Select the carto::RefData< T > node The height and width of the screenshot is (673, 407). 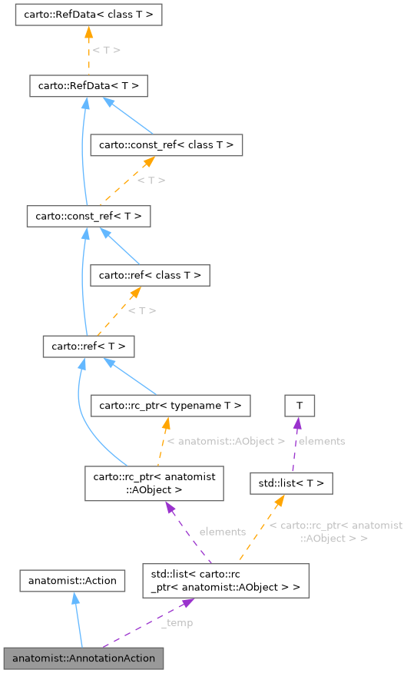point(88,86)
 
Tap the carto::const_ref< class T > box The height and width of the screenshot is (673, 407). point(167,144)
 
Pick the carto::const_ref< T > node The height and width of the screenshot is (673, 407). point(88,217)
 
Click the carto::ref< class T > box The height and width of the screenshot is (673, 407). point(150,274)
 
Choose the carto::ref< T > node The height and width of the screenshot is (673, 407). point(88,346)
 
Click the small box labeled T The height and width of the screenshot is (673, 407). point(299,405)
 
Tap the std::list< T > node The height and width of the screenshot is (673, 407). point(291,483)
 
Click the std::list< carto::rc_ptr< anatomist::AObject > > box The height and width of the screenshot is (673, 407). point(226,581)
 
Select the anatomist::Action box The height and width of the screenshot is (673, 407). point(72,581)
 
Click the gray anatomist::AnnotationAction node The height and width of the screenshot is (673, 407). point(84,658)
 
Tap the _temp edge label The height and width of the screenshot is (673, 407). point(177,622)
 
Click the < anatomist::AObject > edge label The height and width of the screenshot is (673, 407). point(226,442)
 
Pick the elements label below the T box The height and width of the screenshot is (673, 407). point(321,441)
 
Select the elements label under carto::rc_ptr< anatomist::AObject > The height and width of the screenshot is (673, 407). point(222,532)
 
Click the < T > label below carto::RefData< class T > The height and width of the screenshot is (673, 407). point(106,50)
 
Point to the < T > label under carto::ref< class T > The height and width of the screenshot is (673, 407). point(141,310)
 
